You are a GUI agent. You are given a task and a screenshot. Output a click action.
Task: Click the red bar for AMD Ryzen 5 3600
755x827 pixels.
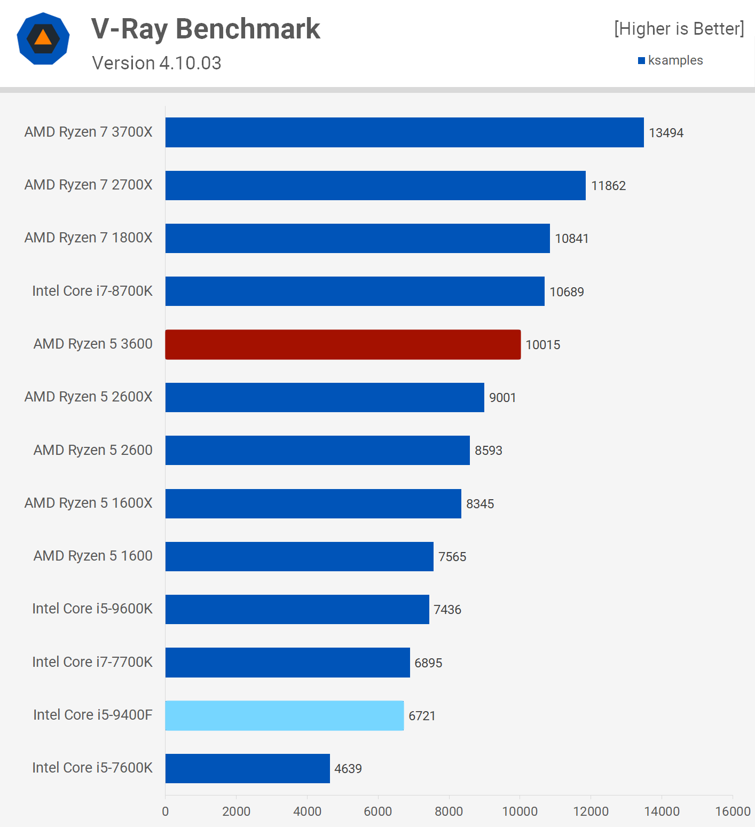tap(343, 344)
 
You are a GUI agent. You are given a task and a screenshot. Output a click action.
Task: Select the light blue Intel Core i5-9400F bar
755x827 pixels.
tap(285, 715)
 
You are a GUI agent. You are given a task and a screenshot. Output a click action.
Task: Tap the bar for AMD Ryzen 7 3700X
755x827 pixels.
tap(404, 132)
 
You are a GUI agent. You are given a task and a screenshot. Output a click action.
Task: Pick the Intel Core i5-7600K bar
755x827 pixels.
tap(248, 768)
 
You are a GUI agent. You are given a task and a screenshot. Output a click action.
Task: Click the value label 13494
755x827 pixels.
tap(666, 133)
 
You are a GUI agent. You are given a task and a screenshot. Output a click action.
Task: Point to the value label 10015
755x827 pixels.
tap(542, 345)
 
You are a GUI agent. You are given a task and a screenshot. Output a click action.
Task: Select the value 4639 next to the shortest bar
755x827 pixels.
tap(348, 769)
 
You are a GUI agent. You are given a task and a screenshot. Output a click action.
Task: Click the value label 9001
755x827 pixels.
tap(502, 398)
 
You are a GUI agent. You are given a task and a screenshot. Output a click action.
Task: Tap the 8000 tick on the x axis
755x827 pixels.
tap(449, 812)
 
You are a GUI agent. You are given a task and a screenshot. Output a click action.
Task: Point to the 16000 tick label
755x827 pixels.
tap(733, 812)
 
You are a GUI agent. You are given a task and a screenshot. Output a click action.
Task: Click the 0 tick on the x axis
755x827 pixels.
tap(166, 812)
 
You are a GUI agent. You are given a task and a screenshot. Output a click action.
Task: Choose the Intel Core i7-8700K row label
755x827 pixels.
tap(92, 291)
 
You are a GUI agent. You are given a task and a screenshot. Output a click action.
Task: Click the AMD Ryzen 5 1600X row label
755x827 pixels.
tap(89, 503)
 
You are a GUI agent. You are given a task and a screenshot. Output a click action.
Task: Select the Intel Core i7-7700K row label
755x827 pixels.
tap(92, 662)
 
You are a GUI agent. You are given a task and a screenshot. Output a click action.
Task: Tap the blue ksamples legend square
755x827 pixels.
tap(642, 61)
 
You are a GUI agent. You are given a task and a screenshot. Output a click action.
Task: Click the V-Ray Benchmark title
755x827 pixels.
tap(206, 29)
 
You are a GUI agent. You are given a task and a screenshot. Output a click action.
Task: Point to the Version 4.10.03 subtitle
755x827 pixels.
tap(156, 63)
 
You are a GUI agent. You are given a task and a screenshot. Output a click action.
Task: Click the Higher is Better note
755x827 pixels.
tap(679, 29)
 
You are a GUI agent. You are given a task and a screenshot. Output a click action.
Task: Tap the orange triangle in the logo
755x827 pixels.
tap(43, 37)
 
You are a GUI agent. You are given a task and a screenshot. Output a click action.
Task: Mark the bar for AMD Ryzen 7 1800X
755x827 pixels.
tap(357, 238)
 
